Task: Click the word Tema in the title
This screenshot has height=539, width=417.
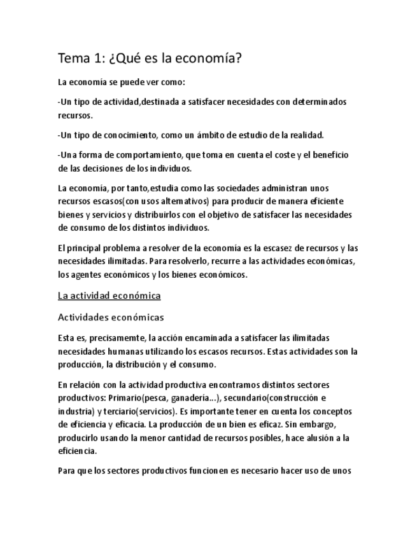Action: tap(73, 60)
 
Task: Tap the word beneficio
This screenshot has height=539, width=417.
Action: tap(326, 155)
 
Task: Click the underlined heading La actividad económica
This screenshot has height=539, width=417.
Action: tap(109, 296)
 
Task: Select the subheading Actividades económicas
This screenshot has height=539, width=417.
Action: tap(111, 317)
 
